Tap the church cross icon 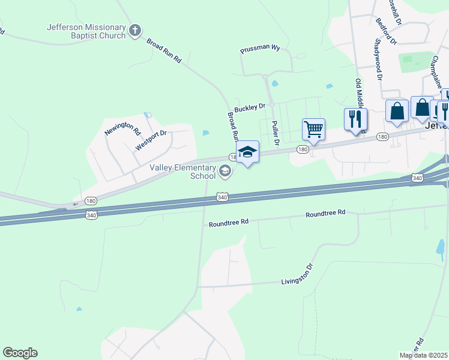[x=135, y=30]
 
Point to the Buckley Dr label [x=250, y=107]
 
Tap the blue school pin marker [x=247, y=152]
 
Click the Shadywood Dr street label [x=378, y=59]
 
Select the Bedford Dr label [x=386, y=31]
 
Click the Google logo [x=20, y=352]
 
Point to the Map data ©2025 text [x=424, y=355]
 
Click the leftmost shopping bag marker [x=397, y=110]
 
